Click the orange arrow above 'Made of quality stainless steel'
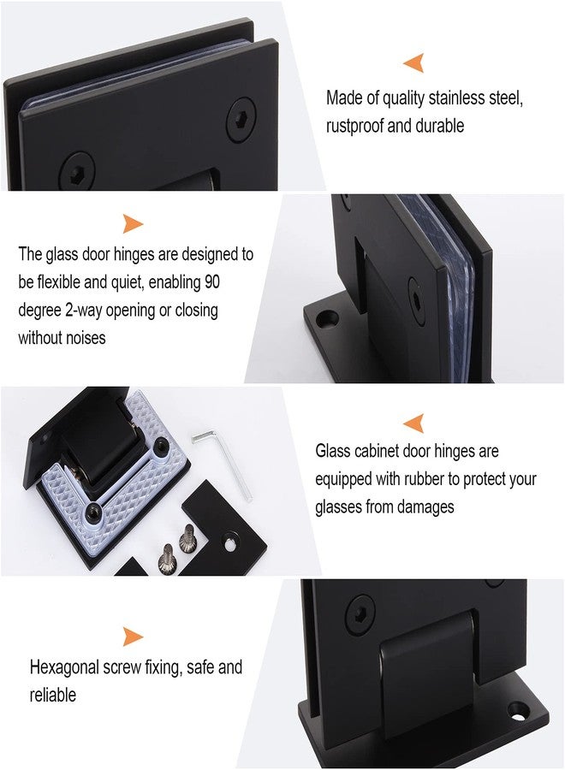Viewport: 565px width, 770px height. click(x=414, y=62)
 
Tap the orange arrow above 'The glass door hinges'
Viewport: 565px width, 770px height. click(x=132, y=223)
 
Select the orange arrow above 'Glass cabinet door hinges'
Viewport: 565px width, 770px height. click(x=414, y=423)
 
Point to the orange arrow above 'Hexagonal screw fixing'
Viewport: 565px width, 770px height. click(x=132, y=637)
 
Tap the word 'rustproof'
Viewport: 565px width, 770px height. click(x=354, y=127)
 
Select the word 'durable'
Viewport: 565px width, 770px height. click(x=440, y=126)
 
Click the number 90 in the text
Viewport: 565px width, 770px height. click(x=212, y=281)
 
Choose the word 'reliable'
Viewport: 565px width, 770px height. click(x=53, y=695)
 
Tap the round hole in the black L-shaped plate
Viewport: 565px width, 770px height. click(x=229, y=544)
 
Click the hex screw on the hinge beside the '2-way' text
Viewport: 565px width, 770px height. click(x=417, y=300)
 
